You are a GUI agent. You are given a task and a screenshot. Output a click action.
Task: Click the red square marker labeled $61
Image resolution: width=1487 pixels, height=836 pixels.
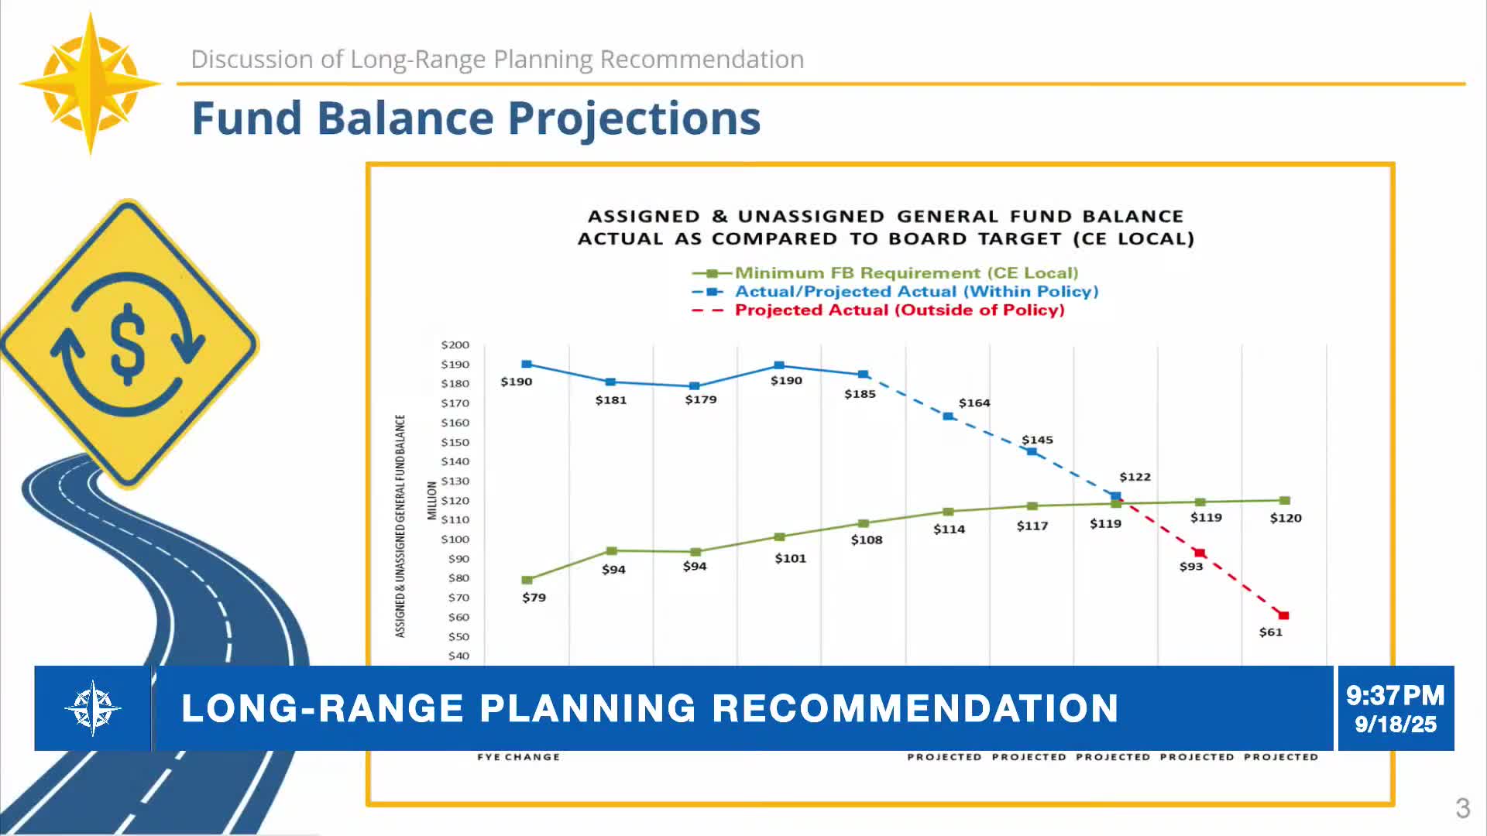pos(1283,615)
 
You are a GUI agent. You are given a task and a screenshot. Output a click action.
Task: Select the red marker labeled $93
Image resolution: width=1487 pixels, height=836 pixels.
pos(1200,553)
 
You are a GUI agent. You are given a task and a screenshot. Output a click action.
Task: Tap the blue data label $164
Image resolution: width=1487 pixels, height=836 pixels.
pos(974,403)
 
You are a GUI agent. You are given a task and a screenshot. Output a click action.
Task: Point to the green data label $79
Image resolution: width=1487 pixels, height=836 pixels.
pos(534,598)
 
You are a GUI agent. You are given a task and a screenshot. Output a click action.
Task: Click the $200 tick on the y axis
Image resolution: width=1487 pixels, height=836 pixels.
pos(455,345)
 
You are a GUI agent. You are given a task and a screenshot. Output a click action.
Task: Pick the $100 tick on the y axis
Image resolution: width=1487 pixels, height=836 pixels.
pos(455,540)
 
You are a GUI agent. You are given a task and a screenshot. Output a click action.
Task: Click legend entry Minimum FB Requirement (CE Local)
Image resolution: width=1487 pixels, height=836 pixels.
pos(905,272)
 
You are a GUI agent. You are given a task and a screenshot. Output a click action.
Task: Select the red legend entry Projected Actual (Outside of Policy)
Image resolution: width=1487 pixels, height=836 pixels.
pos(898,310)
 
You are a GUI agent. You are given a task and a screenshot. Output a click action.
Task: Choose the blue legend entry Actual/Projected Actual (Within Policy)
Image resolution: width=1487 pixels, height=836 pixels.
pos(915,291)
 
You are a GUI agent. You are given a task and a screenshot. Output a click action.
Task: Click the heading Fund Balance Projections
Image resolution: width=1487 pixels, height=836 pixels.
pos(476,118)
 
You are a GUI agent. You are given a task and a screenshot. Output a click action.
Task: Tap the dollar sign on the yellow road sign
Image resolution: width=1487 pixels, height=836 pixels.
pos(128,344)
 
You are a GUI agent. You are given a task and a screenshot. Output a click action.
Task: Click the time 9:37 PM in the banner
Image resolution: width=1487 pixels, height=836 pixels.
pos(1395,695)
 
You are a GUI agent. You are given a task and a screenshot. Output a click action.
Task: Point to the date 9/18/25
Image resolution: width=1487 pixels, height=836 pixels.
pos(1395,725)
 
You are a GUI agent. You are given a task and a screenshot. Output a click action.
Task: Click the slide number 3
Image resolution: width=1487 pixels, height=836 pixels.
pos(1461,808)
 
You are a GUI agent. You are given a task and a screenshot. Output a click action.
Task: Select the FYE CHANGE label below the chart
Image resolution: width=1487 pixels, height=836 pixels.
pos(518,757)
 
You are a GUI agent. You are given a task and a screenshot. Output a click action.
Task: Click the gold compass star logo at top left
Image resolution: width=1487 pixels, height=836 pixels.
pos(91,83)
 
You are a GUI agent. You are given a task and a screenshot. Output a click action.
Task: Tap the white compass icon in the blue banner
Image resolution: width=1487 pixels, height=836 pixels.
pos(93,708)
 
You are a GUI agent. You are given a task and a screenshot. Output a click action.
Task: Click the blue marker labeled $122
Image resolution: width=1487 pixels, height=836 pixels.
pos(1115,496)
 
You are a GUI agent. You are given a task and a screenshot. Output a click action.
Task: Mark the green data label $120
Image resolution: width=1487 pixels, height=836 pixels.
pos(1285,518)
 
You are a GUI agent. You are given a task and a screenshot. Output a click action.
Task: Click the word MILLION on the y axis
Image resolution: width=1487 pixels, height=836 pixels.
pos(432,500)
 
